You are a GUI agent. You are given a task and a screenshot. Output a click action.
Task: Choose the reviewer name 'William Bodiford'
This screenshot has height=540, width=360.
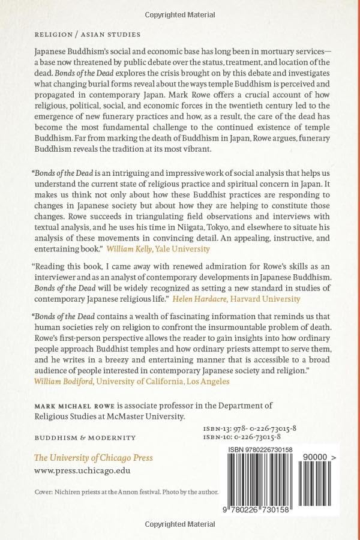tap(63, 380)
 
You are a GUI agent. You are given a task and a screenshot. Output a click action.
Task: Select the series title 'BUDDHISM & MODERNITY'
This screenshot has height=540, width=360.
tap(85, 437)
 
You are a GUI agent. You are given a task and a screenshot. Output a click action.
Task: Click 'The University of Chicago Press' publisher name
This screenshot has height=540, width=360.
tap(93, 458)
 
